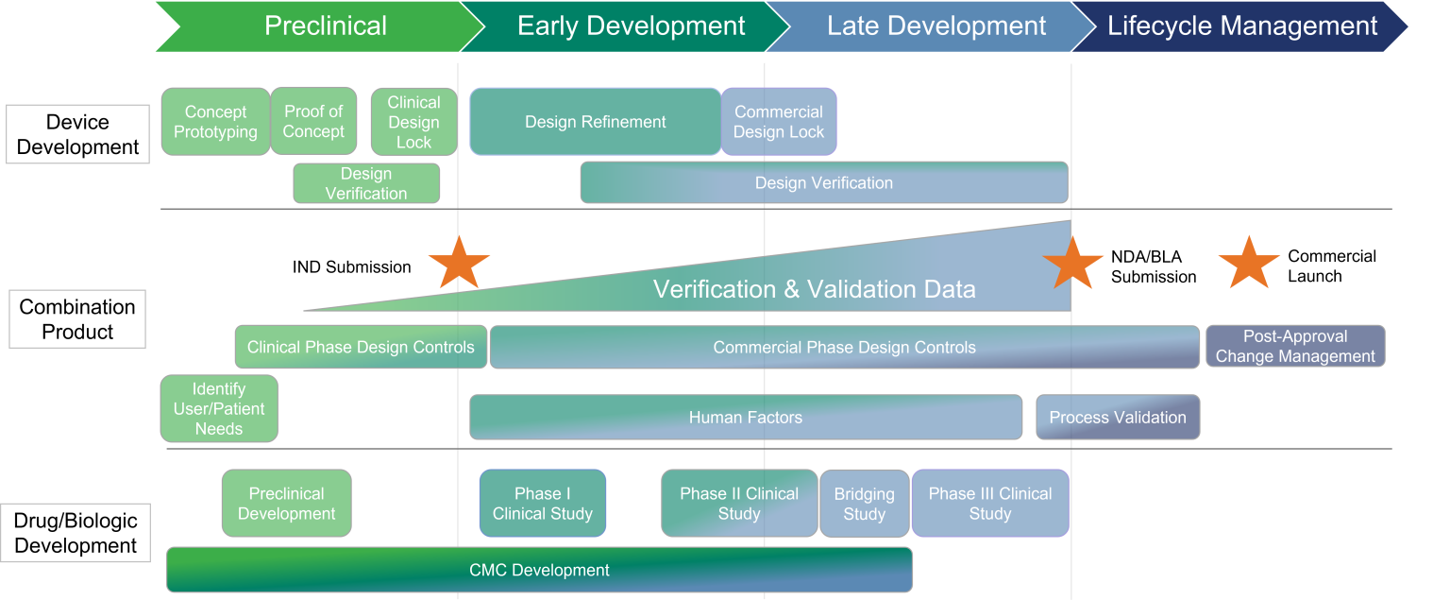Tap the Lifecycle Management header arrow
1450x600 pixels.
(1241, 26)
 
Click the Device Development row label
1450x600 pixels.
(78, 134)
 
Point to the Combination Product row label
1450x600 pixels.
(78, 319)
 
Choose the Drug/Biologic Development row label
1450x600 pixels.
(76, 533)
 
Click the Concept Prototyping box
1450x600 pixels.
(215, 122)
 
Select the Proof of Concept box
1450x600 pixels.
(314, 122)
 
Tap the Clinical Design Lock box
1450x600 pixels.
(413, 122)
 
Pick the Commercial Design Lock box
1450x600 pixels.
(779, 122)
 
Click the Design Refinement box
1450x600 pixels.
(596, 122)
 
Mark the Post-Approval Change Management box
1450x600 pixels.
(1295, 346)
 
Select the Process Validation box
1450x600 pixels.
(1118, 418)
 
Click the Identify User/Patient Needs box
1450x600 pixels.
(219, 408)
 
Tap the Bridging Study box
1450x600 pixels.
(865, 504)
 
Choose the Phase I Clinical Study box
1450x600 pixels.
(543, 504)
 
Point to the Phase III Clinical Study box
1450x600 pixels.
(990, 504)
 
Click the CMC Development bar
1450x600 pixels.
(539, 570)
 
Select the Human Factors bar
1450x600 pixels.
(746, 418)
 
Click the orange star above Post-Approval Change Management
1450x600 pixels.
(1248, 264)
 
